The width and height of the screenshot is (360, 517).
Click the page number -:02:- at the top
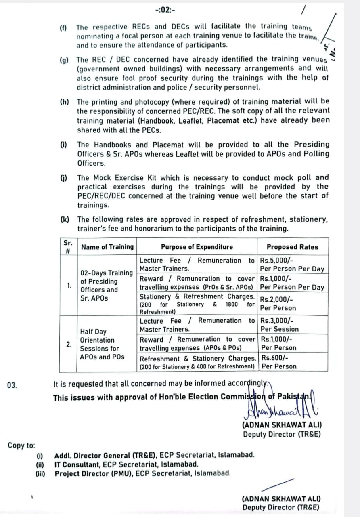click(x=165, y=10)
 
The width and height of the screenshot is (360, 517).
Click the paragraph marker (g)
click(x=64, y=60)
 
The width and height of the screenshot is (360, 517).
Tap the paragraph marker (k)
click(x=64, y=219)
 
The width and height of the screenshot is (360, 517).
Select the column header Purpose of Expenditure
click(x=197, y=247)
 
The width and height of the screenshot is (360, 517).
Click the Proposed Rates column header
click(x=292, y=247)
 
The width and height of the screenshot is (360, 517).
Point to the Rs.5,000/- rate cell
click(x=292, y=265)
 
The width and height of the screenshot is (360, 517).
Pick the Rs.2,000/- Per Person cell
click(x=292, y=304)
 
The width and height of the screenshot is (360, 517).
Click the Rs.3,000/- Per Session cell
click(x=292, y=325)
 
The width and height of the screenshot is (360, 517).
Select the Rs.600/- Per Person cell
click(x=292, y=362)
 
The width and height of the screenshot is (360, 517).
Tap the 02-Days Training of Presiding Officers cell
click(x=106, y=286)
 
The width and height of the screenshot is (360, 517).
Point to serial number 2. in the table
click(x=69, y=344)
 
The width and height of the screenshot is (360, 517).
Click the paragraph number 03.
click(x=12, y=385)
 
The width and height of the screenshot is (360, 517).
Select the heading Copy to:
click(x=21, y=446)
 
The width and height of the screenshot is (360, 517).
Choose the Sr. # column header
click(x=68, y=247)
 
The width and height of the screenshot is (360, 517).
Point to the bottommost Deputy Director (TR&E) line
click(x=280, y=508)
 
